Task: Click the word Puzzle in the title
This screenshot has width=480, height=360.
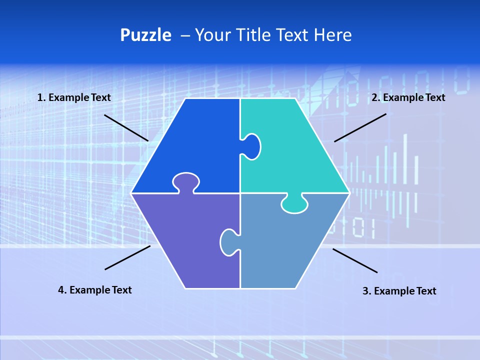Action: (145, 35)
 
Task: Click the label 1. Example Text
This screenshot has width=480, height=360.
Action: (74, 98)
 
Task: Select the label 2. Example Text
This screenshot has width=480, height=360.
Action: (408, 98)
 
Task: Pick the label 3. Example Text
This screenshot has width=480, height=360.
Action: (399, 291)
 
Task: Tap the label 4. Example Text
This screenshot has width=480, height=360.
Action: (95, 290)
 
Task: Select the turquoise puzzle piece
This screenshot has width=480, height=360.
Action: (295, 150)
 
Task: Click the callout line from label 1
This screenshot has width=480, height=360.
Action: (126, 127)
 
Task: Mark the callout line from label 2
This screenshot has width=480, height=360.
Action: (360, 127)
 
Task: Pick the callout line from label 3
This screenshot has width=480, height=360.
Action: (355, 260)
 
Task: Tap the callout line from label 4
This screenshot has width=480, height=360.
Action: (127, 257)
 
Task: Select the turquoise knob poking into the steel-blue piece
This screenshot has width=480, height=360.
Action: (294, 203)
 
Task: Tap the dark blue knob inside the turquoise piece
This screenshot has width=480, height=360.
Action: (251, 146)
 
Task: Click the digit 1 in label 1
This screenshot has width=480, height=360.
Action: (39, 98)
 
